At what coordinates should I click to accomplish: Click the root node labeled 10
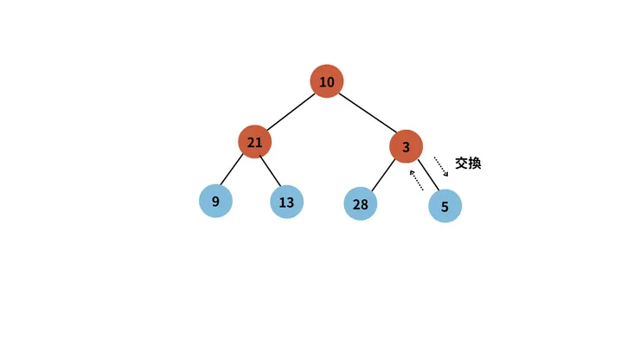[327, 81]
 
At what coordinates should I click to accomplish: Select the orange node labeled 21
[254, 142]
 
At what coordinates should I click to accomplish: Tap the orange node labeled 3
[406, 146]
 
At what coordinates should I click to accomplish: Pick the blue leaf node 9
[215, 201]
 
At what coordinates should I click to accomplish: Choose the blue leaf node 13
[286, 202]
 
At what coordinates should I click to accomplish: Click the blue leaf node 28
[361, 203]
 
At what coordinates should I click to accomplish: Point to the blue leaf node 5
[445, 206]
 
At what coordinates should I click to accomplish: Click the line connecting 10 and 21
[291, 112]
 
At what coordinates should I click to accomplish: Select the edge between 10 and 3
[368, 112]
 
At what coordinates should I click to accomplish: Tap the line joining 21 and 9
[232, 170]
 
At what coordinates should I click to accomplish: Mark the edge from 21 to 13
[270, 170]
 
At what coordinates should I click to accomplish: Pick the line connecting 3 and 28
[383, 175]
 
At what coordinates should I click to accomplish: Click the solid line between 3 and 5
[429, 176]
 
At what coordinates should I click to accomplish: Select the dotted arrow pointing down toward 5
[441, 166]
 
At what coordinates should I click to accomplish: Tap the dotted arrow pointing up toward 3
[416, 180]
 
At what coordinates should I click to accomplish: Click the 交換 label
[468, 163]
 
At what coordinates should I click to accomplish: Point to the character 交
[461, 163]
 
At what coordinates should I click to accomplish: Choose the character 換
[475, 163]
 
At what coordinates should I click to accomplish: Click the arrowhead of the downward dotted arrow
[446, 174]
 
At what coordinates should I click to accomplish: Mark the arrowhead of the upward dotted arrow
[412, 172]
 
